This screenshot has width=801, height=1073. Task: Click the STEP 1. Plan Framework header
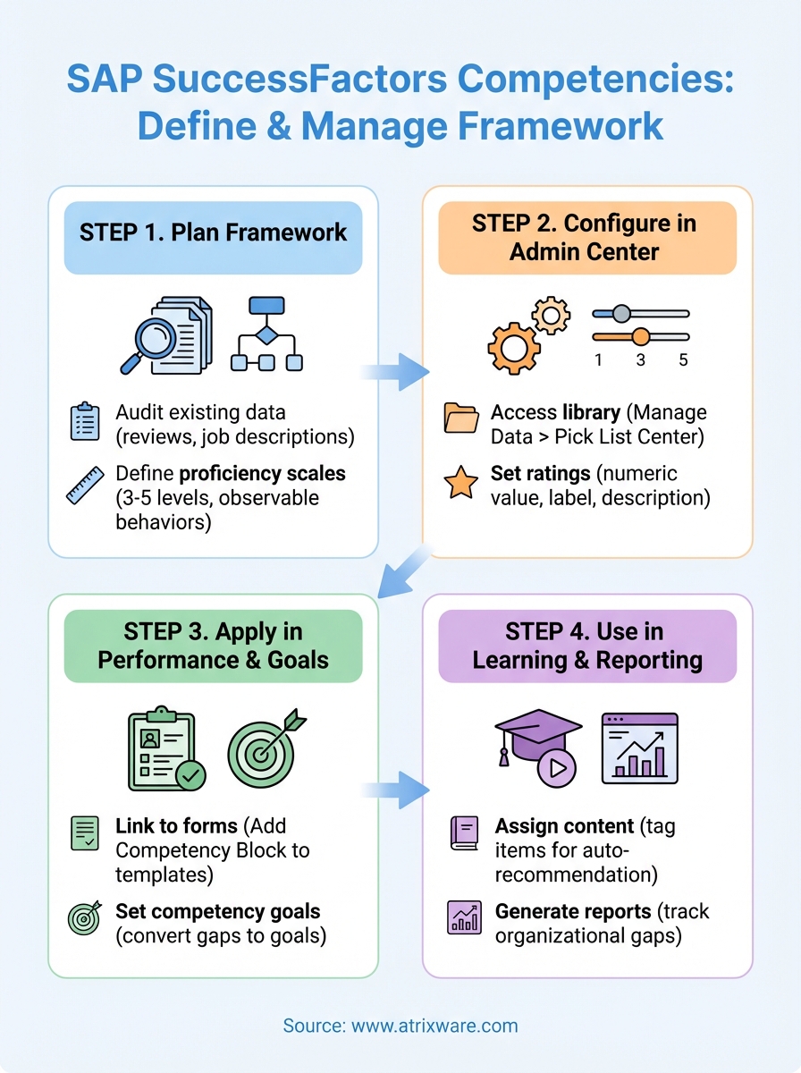pyautogui.click(x=213, y=232)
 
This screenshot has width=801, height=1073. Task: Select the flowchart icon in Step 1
pyautogui.click(x=266, y=334)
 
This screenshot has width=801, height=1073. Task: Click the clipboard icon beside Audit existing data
pyautogui.click(x=85, y=422)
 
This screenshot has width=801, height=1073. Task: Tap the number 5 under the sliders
pyautogui.click(x=683, y=360)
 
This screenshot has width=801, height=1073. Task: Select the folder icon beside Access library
pyautogui.click(x=460, y=418)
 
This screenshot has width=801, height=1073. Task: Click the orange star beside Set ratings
pyautogui.click(x=460, y=483)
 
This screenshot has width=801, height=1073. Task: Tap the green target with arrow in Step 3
pyautogui.click(x=265, y=749)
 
